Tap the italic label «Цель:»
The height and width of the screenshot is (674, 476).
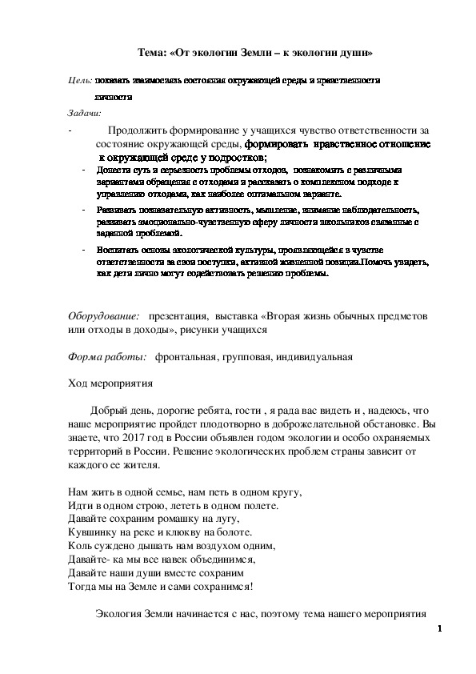click(80, 82)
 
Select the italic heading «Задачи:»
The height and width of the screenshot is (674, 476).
click(82, 112)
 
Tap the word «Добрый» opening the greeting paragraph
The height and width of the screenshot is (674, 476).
click(106, 410)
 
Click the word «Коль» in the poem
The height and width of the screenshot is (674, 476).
click(74, 546)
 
